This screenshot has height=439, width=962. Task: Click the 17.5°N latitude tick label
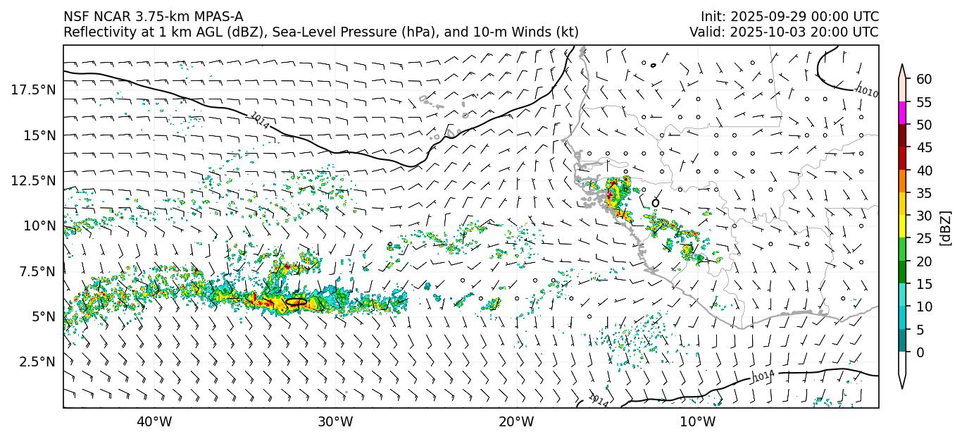coord(33,89)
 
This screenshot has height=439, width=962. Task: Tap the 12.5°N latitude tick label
coord(33,180)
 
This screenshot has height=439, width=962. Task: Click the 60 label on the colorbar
coord(924,79)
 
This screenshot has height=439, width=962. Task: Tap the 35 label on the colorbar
coord(924,193)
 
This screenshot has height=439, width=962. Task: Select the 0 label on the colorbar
coord(920,352)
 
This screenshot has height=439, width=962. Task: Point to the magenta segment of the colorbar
coord(903,113)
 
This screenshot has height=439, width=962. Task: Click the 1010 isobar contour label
coord(867,92)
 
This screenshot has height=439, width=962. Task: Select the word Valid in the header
coord(705,32)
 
